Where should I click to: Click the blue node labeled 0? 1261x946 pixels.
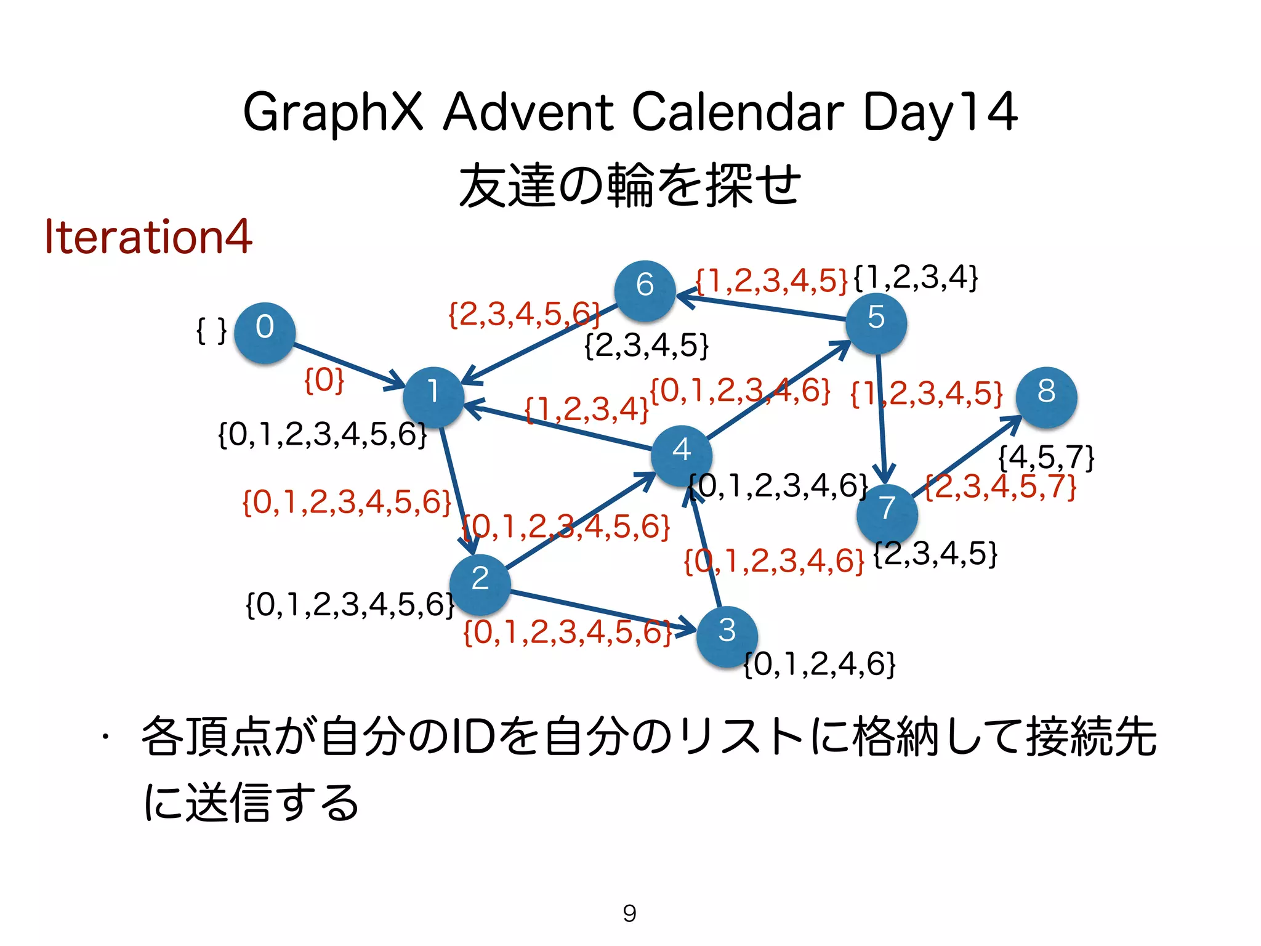(265, 333)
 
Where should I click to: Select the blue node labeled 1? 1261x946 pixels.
(433, 397)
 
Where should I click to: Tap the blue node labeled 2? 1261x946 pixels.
(480, 584)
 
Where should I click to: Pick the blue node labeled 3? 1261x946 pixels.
(727, 637)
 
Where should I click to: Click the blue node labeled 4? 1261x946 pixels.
(682, 456)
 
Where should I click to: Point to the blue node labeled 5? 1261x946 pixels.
(876, 324)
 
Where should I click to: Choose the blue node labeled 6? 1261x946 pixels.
(645, 291)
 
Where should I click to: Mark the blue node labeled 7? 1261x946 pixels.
(887, 514)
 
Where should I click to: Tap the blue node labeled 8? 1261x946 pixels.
(1046, 397)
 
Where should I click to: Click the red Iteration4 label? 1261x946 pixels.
(148, 237)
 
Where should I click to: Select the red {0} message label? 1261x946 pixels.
(324, 380)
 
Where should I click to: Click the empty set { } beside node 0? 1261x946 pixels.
(211, 331)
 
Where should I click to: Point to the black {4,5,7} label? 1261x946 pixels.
(1046, 458)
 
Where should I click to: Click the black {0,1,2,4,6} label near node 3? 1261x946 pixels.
(819, 664)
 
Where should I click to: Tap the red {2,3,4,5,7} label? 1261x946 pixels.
(1001, 487)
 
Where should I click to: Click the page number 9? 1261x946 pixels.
(629, 913)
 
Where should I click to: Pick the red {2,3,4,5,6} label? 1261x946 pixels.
(524, 315)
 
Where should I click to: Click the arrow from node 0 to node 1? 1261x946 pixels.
(348, 366)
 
